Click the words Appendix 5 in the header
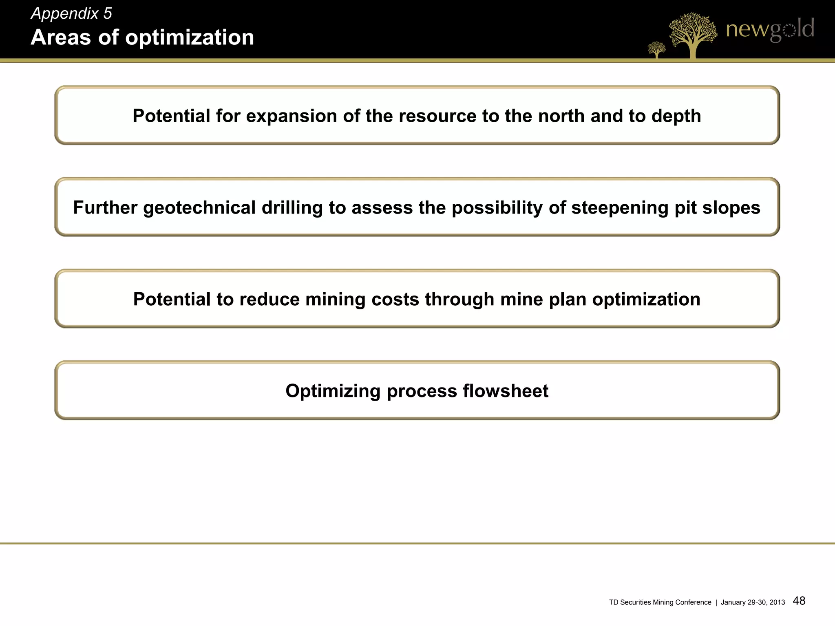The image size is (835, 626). pos(71,14)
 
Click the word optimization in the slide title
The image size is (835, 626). pos(190,37)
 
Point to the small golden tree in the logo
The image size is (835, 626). pos(656,50)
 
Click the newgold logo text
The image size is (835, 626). pos(770,29)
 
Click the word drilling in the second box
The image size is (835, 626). pos(292,208)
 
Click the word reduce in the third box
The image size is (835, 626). pos(269,300)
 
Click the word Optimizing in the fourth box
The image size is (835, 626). pos(333,391)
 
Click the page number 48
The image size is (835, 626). pos(799,601)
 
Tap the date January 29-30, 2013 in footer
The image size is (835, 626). pos(753,602)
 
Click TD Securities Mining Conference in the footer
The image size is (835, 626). pos(660,602)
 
